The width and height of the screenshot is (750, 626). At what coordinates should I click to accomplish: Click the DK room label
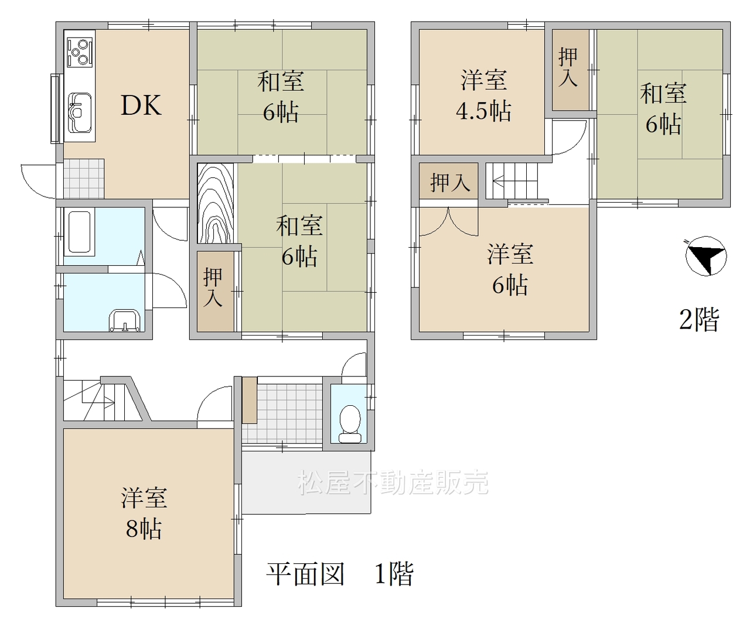pyautogui.click(x=141, y=105)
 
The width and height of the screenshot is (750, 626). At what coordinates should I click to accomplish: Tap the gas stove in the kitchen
pyautogui.click(x=80, y=52)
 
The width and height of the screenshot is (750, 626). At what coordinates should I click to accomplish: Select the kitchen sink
pyautogui.click(x=79, y=112)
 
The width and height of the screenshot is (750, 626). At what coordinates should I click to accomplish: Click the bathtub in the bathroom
pyautogui.click(x=79, y=232)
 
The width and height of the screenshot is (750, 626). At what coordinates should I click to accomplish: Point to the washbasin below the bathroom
pyautogui.click(x=125, y=320)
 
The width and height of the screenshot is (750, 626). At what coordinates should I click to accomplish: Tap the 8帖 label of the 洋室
pyautogui.click(x=144, y=528)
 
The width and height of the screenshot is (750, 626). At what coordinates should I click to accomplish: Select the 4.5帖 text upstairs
pyautogui.click(x=483, y=111)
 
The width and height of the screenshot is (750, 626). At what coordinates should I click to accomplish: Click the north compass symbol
pyautogui.click(x=706, y=256)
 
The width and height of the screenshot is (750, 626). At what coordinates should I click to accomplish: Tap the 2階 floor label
pyautogui.click(x=698, y=319)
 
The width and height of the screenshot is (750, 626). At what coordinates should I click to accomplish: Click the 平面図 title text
pyautogui.click(x=305, y=574)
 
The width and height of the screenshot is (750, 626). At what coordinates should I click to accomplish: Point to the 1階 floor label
pyautogui.click(x=394, y=574)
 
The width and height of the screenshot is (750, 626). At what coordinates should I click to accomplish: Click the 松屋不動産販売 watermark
pyautogui.click(x=393, y=483)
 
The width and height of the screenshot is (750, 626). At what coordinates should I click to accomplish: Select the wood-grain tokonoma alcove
pyautogui.click(x=216, y=203)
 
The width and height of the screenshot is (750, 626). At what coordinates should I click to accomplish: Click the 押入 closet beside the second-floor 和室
pyautogui.click(x=570, y=70)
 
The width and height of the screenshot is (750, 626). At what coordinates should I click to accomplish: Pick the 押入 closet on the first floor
pyautogui.click(x=216, y=291)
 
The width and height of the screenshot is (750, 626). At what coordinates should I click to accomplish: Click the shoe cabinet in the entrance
pyautogui.click(x=250, y=400)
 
